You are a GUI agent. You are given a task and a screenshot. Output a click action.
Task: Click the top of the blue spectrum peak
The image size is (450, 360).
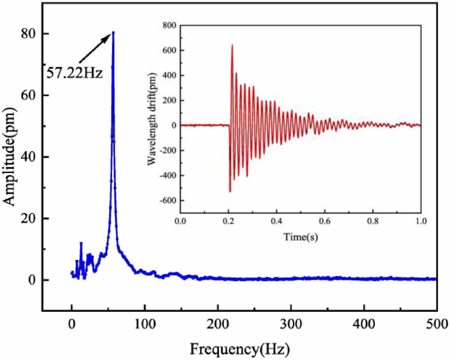113,32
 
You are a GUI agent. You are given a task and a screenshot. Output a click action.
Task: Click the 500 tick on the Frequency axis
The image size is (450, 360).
436,326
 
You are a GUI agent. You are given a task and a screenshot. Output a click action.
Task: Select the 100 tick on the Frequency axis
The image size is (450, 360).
144,326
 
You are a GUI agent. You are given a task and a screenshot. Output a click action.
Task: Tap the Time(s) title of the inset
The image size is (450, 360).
300,238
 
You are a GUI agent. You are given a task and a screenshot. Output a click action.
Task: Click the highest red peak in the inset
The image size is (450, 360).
232,45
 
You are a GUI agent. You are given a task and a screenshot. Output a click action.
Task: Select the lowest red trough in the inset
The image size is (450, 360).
230,191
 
